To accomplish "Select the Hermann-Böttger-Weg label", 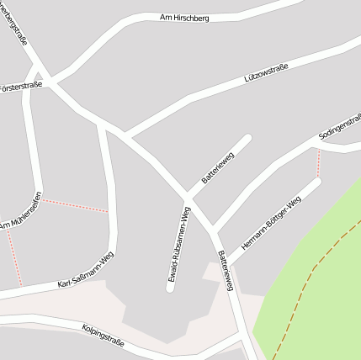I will point(270,224).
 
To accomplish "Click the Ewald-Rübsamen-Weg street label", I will point(179,243).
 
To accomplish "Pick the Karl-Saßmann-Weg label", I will point(85,271).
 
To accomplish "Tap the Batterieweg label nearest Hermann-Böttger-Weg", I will point(225,270).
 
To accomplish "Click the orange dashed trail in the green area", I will point(307,278).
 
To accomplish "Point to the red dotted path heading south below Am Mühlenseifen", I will point(13,256).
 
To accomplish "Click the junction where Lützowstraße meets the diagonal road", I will point(126,135).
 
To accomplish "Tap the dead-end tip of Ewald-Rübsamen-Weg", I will point(170,289).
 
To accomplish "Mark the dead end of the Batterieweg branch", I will point(248,137).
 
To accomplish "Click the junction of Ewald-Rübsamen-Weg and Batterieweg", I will point(186,199).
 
